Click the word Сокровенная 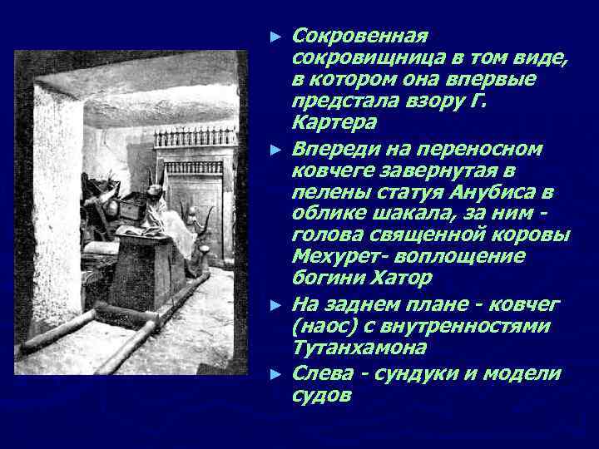360,37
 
